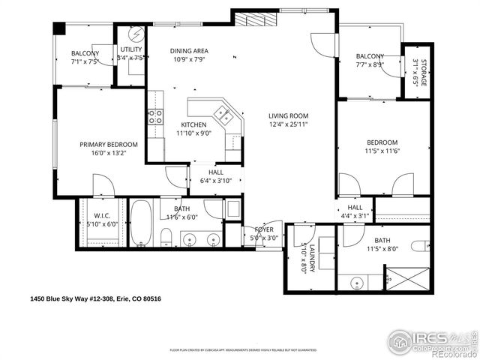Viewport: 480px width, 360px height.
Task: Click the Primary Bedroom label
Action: (x=109, y=144)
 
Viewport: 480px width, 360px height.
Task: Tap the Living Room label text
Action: (x=289, y=115)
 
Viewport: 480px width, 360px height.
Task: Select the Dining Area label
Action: (x=188, y=50)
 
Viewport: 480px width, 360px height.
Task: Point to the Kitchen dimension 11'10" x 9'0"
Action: (x=193, y=133)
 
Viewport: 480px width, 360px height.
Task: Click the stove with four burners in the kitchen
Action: (x=155, y=116)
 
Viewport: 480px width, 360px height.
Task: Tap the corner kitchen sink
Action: (x=223, y=114)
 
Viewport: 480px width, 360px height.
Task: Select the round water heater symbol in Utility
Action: (x=136, y=34)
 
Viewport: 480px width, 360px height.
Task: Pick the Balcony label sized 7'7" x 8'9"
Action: (x=370, y=56)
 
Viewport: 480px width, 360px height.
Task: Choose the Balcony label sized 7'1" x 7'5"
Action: (x=85, y=53)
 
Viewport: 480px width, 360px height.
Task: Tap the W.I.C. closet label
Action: (x=102, y=214)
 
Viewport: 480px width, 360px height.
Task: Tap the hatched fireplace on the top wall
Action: (x=253, y=19)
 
